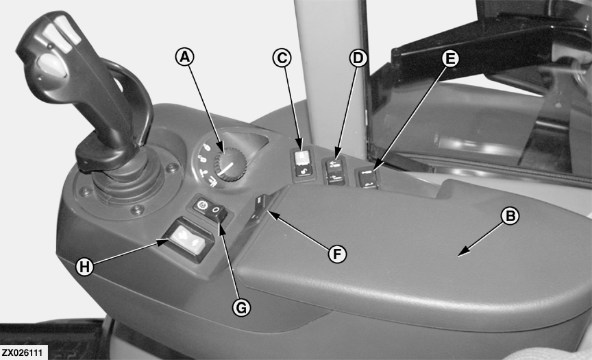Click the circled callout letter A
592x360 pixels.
(x=184, y=58)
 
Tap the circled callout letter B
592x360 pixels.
(x=510, y=216)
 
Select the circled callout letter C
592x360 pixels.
(x=282, y=58)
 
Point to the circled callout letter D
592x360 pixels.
(x=358, y=58)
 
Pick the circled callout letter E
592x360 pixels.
(x=449, y=59)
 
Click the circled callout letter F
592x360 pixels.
(x=337, y=254)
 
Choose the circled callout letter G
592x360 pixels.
(x=241, y=307)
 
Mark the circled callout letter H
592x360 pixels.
(x=84, y=267)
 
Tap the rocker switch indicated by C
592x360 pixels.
(x=303, y=164)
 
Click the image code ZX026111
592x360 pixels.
(x=23, y=353)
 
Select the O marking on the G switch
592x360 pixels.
(x=215, y=209)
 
